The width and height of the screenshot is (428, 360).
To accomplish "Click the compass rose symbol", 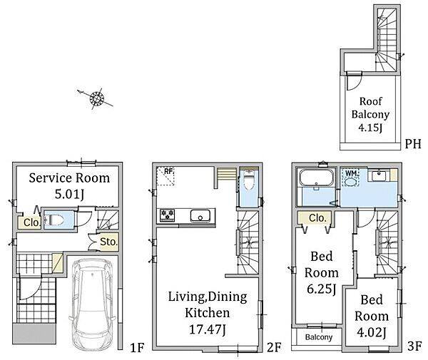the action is point(97,98).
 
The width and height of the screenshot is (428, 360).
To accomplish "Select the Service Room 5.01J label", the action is point(69,186).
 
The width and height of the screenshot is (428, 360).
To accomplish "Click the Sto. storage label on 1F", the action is point(108,242).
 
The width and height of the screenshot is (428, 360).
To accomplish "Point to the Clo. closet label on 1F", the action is point(31,222).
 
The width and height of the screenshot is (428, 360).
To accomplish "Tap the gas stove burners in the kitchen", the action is point(167,215).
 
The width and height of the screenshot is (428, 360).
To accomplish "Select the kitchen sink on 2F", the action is point(200,216).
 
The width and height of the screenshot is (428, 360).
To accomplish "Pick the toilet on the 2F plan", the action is point(249,180).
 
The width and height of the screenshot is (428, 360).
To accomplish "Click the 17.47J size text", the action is point(208,330).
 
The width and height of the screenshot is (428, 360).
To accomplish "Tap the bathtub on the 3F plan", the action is point(317,178).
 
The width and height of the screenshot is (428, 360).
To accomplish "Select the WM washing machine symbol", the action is point(350,178).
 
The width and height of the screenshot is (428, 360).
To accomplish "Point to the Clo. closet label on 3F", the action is point(317,218).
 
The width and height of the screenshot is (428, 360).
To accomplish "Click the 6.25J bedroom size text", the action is point(321,289).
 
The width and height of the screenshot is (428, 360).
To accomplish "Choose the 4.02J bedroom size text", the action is point(372,332).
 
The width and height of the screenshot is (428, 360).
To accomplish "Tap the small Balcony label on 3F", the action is point(319,337).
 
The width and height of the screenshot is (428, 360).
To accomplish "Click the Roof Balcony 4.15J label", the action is point(370,115).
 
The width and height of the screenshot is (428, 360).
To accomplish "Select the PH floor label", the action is point(413,144).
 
